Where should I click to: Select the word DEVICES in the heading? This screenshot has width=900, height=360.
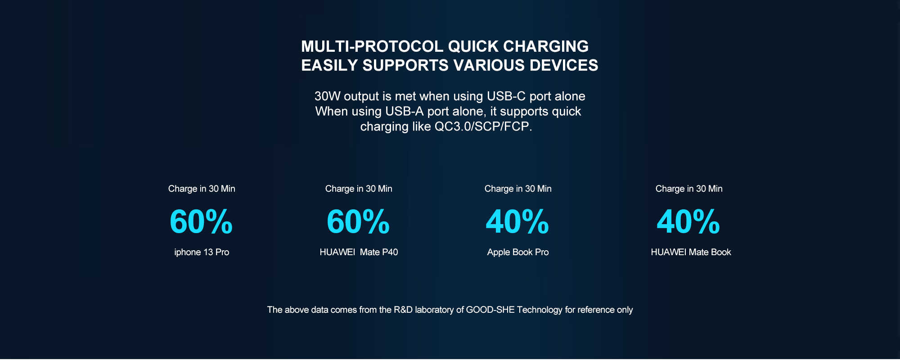click(x=564, y=65)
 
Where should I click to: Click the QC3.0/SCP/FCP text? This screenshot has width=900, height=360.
click(x=483, y=126)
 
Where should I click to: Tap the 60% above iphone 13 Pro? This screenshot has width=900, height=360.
click(x=201, y=222)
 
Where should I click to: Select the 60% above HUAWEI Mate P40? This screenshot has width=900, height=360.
click(x=358, y=222)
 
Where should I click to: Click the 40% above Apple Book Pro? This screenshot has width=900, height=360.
click(x=517, y=222)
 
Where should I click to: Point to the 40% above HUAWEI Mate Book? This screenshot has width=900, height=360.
click(x=688, y=222)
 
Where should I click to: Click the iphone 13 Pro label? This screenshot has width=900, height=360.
click(x=202, y=252)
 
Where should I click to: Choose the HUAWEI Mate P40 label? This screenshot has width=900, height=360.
click(x=359, y=252)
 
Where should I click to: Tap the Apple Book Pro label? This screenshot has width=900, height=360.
click(x=518, y=252)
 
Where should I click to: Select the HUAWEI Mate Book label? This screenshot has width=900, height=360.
click(x=691, y=252)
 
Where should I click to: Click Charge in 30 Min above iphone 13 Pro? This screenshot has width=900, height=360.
click(x=202, y=189)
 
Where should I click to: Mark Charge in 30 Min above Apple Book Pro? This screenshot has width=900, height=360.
click(x=518, y=189)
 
